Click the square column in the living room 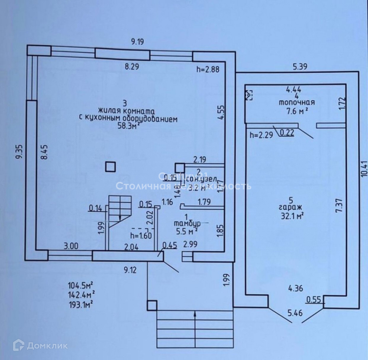click(x=110, y=166)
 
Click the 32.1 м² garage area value click(x=292, y=216)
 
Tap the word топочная click(x=297, y=103)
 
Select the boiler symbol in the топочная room click(x=249, y=95)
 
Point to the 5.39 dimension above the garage click(x=300, y=67)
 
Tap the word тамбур click(x=187, y=222)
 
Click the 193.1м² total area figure click(x=80, y=304)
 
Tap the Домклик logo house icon click(x=18, y=345)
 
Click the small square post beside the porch click(x=152, y=305)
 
